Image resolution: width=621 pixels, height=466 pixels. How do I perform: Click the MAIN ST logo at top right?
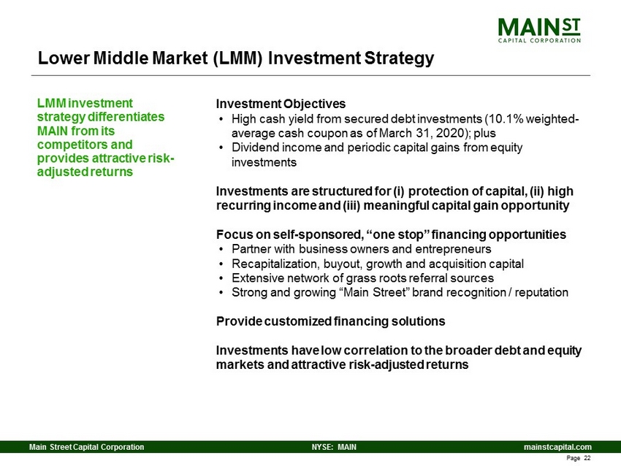pos(539,30)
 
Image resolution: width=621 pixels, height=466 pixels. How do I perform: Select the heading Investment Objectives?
pos(281,104)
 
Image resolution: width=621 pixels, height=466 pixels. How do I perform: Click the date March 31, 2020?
pos(424,133)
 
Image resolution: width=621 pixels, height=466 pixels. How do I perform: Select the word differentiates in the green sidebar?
pos(126,117)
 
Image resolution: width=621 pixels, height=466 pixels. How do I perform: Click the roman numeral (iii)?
pos(351,205)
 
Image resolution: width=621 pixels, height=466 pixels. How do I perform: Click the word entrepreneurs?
pos(452,249)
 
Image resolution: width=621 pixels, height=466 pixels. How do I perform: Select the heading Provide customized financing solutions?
pos(331,321)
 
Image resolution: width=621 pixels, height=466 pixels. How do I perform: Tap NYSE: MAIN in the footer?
pos(334,447)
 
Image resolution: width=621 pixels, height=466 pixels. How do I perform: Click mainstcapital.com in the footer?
pos(557,447)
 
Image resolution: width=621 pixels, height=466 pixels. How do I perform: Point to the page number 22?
pos(587,458)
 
